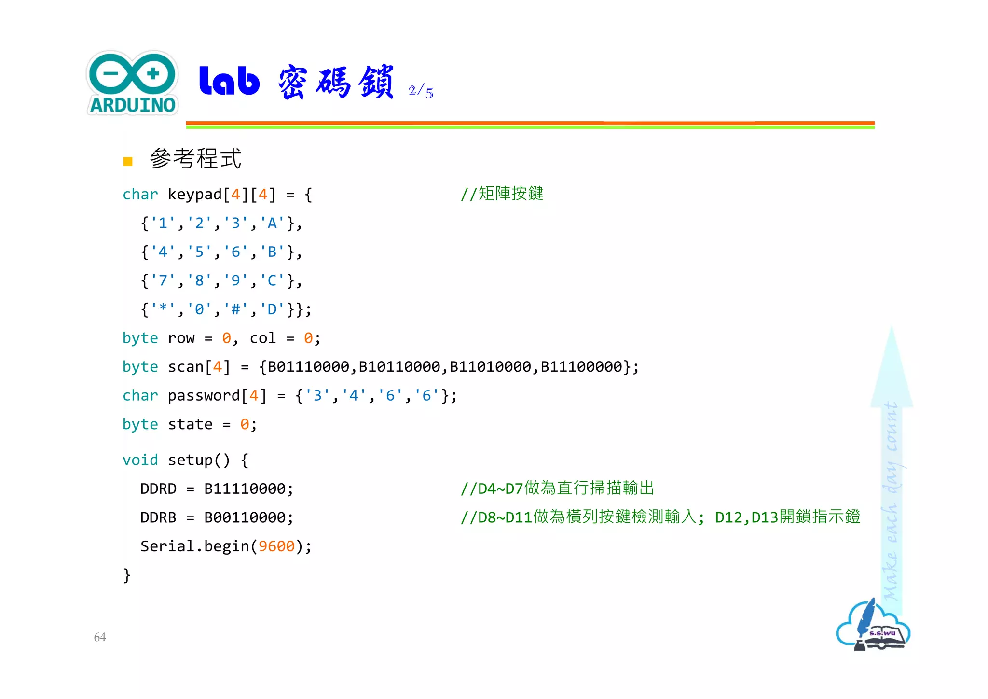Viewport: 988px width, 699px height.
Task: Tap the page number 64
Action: (x=100, y=637)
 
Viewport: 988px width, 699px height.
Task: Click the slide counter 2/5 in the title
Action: (x=421, y=91)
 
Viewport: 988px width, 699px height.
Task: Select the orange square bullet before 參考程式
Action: (x=128, y=161)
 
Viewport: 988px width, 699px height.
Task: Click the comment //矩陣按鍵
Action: (x=502, y=194)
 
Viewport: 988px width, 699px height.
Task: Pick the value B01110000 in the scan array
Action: (x=308, y=367)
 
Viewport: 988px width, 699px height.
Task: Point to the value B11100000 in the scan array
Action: (x=581, y=367)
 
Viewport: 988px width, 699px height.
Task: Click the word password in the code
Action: (x=204, y=396)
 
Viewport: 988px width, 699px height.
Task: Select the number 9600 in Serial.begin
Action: (x=276, y=546)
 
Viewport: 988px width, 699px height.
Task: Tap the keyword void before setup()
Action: (x=140, y=460)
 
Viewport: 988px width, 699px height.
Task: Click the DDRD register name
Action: (x=158, y=489)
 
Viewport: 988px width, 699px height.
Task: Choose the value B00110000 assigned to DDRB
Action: (x=245, y=518)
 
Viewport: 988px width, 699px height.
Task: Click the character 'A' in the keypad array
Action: (x=272, y=223)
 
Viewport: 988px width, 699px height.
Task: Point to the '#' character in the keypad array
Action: (x=236, y=309)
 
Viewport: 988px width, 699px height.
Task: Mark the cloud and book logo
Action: (x=873, y=626)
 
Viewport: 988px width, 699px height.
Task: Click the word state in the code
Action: (x=190, y=425)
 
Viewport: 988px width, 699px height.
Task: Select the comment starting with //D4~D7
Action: (x=557, y=489)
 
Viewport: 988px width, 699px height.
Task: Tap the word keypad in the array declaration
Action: (x=195, y=195)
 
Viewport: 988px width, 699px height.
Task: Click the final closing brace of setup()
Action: (x=127, y=575)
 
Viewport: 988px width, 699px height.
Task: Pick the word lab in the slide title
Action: (x=230, y=81)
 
